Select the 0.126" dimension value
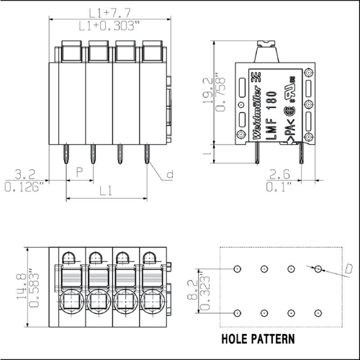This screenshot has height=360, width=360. (x=24, y=186)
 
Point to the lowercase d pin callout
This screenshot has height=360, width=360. (x=170, y=174)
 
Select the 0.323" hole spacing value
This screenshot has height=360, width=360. (x=205, y=291)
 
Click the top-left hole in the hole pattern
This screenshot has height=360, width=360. (x=238, y=269)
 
